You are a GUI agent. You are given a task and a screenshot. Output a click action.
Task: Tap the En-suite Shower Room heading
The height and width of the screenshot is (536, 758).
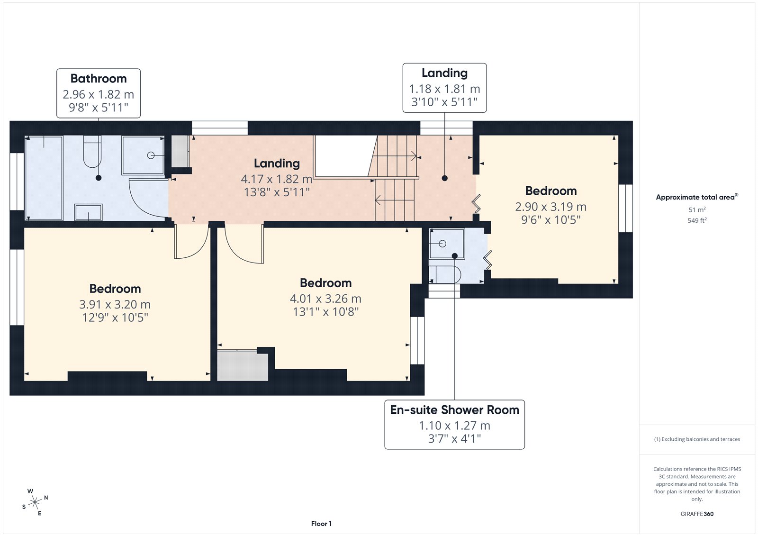tap(454, 410)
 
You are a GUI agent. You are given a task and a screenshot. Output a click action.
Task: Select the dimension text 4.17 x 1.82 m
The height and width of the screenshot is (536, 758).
tap(277, 179)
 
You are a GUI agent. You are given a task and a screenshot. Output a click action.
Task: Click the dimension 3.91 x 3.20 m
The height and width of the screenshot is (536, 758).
tap(115, 304)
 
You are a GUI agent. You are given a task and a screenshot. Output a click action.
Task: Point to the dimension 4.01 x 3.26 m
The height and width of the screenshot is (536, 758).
tap(325, 299)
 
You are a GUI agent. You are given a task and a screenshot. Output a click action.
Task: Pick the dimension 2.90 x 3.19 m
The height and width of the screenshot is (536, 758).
tap(550, 207)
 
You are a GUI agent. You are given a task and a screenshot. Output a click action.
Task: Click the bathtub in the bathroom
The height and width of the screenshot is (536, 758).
tap(44, 178)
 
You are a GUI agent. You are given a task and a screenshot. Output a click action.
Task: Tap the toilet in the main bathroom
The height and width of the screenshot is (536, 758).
tap(92, 152)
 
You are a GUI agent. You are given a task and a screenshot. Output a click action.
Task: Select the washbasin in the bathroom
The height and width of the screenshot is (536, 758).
tap(88, 212)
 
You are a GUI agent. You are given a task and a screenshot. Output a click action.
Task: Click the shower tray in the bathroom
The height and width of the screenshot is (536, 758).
tap(143, 155)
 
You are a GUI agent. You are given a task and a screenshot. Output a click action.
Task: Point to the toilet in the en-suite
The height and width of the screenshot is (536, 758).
tap(445, 274)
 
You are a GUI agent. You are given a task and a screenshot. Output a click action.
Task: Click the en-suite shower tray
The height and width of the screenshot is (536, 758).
tap(447, 244)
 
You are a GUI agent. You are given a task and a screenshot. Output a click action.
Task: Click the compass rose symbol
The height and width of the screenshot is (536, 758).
tap(35, 502)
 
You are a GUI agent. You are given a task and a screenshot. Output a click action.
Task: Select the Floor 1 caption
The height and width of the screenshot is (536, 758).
tap(321, 524)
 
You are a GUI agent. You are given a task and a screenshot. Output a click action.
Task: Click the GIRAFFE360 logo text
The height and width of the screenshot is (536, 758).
tap(697, 514)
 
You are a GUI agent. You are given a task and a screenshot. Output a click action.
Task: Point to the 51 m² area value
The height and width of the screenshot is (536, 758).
tap(697, 209)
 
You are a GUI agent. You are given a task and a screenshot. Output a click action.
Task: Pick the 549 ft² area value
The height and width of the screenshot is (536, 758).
tap(697, 220)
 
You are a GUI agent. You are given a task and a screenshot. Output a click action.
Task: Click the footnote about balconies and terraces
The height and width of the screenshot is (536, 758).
tap(697, 439)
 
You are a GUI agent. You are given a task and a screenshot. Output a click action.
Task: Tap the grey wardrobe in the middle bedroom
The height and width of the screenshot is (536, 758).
tap(242, 366)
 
